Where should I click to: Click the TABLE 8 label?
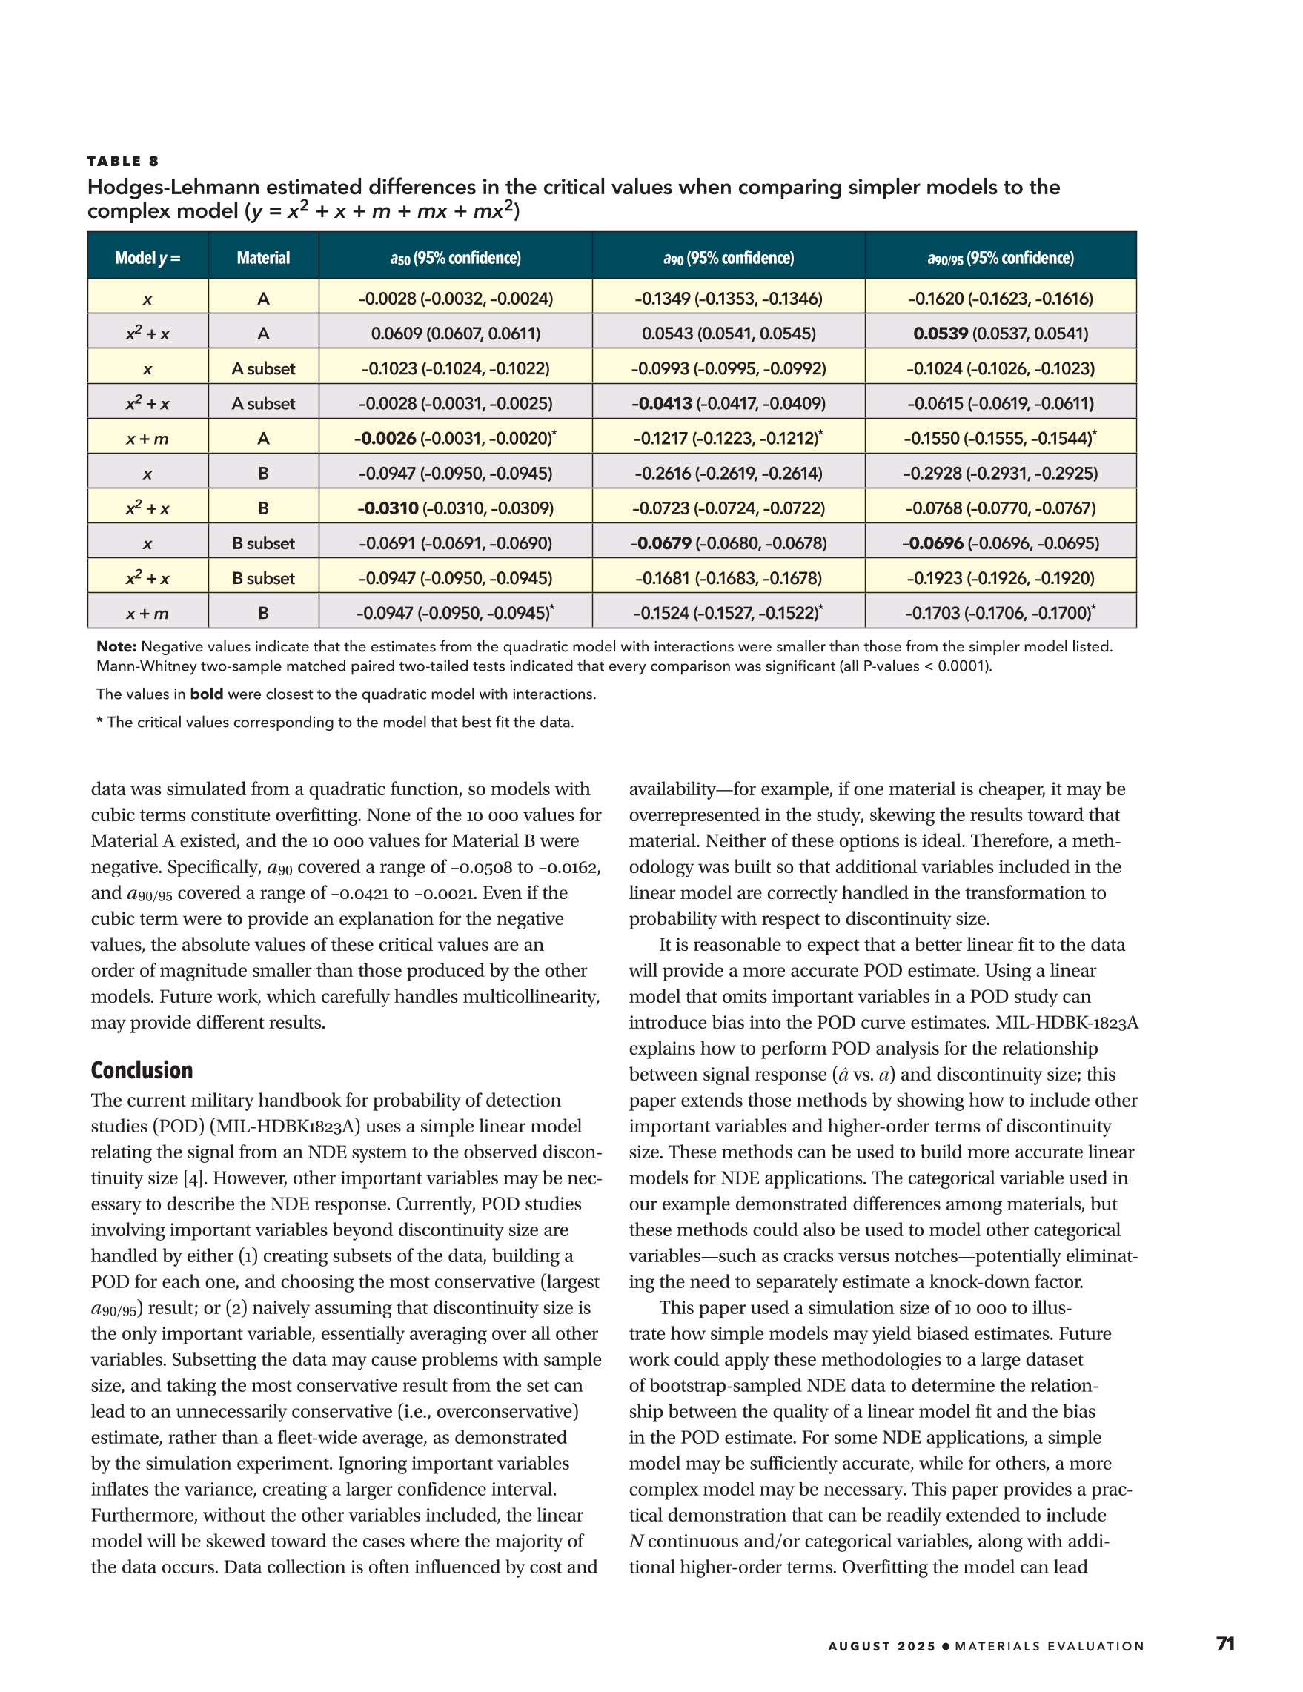(x=122, y=161)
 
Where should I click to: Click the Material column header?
(x=263, y=258)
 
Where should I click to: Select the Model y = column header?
(x=147, y=258)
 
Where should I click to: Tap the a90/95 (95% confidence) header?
(x=1000, y=258)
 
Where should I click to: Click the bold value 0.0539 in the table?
(x=941, y=334)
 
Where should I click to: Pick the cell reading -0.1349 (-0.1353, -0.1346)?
(x=728, y=299)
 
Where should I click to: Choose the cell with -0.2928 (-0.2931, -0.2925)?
(x=1000, y=474)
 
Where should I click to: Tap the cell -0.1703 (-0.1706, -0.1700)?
(x=1000, y=614)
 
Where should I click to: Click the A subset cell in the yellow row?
(x=263, y=369)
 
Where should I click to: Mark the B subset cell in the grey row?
(x=263, y=543)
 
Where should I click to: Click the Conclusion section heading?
(x=142, y=1070)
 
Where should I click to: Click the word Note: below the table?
(x=116, y=646)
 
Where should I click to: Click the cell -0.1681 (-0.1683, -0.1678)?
(x=728, y=578)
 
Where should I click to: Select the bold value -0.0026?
(x=385, y=439)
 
